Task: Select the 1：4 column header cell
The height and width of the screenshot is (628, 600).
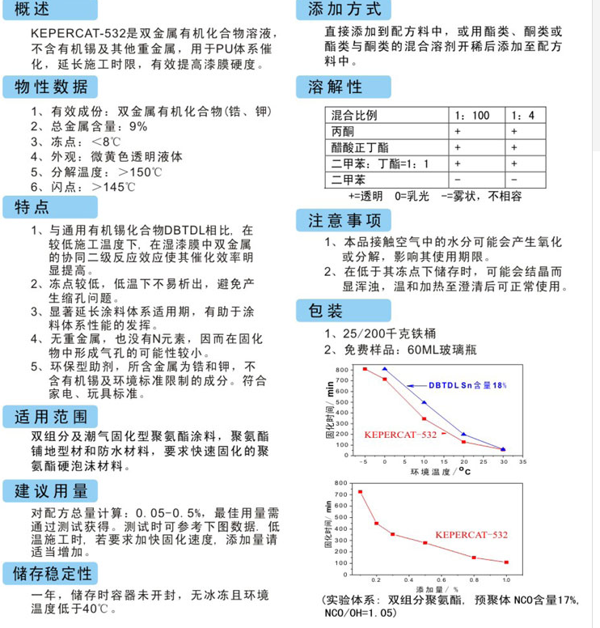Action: tap(522, 115)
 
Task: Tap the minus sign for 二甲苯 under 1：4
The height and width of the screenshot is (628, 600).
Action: tap(513, 179)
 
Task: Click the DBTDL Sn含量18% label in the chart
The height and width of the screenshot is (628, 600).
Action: tap(467, 385)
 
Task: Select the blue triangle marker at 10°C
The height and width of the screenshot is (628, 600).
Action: tap(424, 402)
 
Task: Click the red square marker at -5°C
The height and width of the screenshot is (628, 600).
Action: tap(364, 369)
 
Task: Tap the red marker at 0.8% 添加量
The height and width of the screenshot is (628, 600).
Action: tap(474, 558)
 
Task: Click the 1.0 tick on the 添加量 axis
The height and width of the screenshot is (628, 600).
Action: tap(507, 580)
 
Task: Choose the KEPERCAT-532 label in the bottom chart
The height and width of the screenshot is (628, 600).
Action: tap(471, 535)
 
